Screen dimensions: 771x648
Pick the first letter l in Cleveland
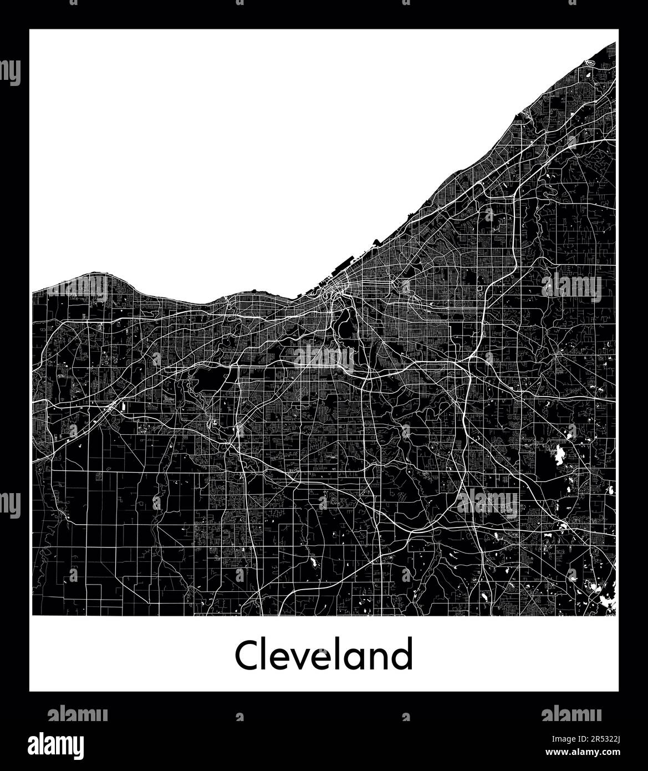(268, 655)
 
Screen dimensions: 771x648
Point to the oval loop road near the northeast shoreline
(590, 64)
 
